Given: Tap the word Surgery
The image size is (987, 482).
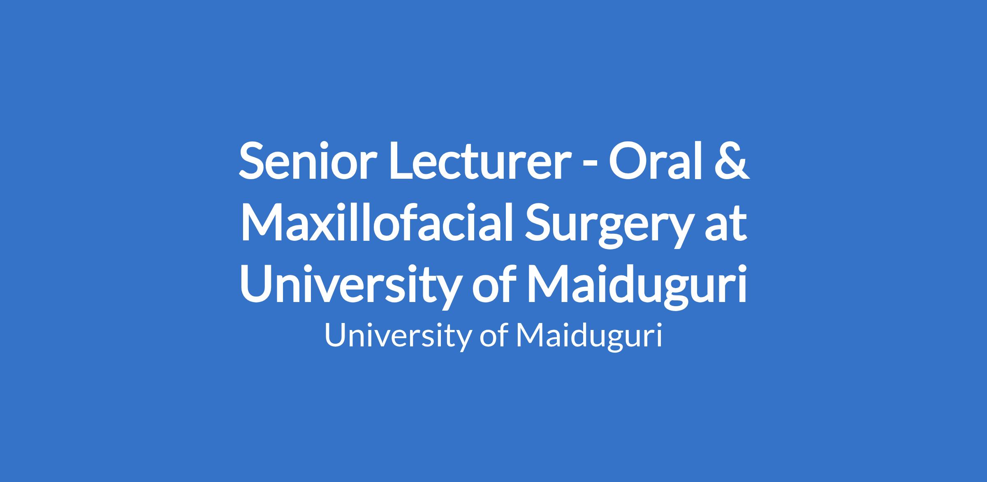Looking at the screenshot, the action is [606, 226].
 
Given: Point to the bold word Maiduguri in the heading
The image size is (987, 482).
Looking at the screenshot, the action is [637, 287].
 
